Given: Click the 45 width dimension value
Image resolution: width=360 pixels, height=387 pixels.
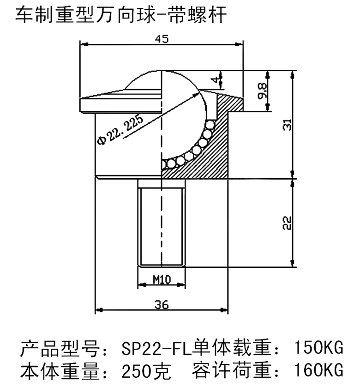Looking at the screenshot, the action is pyautogui.click(x=162, y=39).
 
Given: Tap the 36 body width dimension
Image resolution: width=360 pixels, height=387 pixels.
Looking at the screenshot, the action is pyautogui.click(x=162, y=305).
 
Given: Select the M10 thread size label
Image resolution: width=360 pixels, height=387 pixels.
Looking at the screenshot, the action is pyautogui.click(x=162, y=280).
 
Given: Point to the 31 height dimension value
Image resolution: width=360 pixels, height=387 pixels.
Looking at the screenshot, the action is pyautogui.click(x=287, y=125).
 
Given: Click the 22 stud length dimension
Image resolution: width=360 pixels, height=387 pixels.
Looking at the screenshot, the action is pyautogui.click(x=287, y=223).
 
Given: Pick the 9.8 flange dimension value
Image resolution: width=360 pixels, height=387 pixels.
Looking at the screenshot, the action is pyautogui.click(x=262, y=91).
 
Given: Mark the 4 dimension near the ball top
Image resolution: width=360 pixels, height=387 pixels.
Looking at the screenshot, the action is pyautogui.click(x=215, y=80).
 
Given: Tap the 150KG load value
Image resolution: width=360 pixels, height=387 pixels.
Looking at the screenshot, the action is pyautogui.click(x=318, y=348).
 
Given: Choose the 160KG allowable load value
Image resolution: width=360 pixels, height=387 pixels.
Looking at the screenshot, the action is pyautogui.click(x=318, y=370).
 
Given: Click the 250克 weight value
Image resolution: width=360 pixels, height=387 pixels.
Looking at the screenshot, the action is pyautogui.click(x=146, y=371).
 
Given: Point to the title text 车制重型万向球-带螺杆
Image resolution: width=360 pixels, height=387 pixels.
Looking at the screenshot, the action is pyautogui.click(x=121, y=15).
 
